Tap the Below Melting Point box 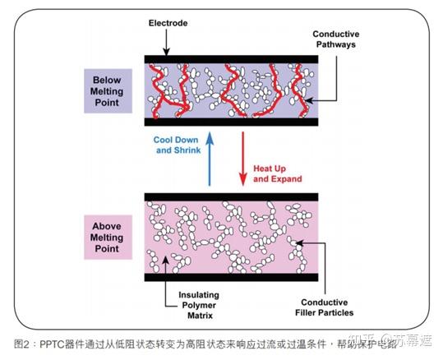101,91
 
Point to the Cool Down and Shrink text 177,145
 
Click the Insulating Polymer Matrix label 198,302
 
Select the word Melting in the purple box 101,91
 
